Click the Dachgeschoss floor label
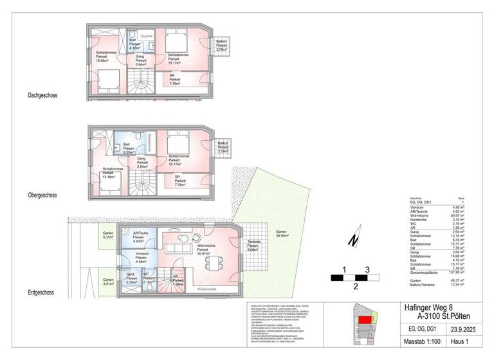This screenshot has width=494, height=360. click(43, 96)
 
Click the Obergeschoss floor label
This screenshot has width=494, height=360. click(43, 194)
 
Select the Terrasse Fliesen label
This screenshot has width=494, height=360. click(253, 246)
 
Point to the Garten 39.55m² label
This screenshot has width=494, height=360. click(281, 233)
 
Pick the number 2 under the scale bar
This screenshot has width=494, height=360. click(355, 286)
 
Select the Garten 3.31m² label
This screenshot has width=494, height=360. click(107, 236)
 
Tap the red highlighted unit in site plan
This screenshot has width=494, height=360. click(365, 319)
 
